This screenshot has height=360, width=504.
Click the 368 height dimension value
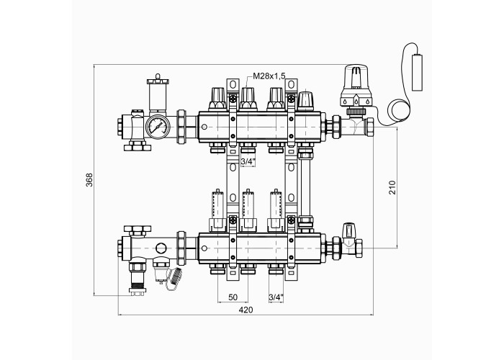pos(89,180)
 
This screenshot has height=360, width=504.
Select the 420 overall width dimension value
pos(246,310)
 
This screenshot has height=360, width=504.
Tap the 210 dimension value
pos(392,187)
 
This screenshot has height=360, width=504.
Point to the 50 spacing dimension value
pos(233,297)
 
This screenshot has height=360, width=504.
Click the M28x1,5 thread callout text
pos(269,76)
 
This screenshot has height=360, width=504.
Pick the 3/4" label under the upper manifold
pos(248,162)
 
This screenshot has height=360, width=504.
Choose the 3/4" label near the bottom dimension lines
pos(276,297)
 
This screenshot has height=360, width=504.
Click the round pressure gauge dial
pos(158,127)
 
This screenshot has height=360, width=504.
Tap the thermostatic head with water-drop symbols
pos(356,86)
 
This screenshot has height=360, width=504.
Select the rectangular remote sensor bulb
pos(417,73)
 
